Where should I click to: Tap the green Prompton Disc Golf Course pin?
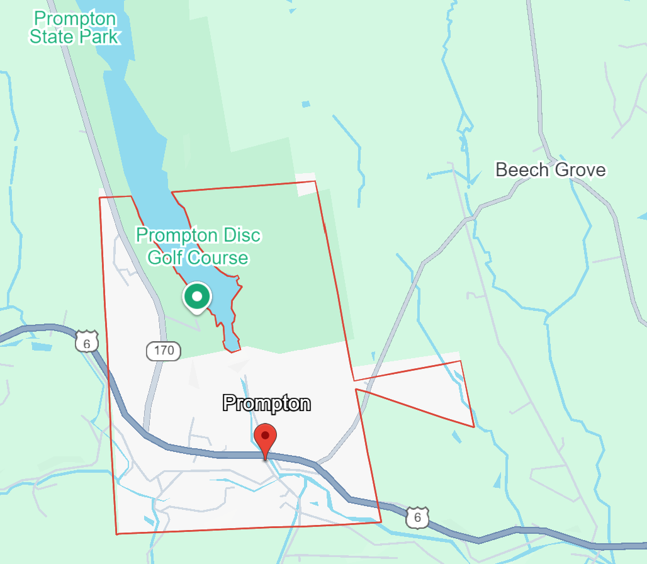coord(197,296)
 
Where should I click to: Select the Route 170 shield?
coord(164,351)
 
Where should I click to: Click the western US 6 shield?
coord(86,342)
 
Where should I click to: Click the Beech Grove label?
coord(550,170)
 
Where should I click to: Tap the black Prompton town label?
coord(267,403)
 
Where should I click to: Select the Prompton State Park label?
coord(74,27)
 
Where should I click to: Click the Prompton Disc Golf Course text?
coord(198,246)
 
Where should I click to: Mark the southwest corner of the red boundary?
coord(117,534)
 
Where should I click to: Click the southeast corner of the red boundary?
coord(381,521)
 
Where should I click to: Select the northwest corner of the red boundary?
coord(100,198)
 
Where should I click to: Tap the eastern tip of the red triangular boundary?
coord(473,426)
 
